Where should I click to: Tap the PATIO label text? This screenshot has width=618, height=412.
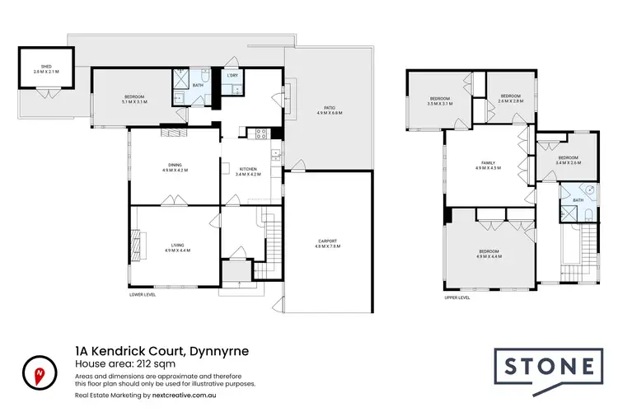[329, 109]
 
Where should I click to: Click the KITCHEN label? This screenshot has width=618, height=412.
[248, 171]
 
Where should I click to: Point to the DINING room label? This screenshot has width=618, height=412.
[175, 167]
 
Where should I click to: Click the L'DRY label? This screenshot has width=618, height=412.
[233, 76]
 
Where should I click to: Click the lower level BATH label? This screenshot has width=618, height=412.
[198, 85]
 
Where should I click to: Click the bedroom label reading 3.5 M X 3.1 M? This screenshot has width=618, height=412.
[441, 101]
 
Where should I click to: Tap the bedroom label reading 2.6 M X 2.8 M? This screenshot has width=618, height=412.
[510, 98]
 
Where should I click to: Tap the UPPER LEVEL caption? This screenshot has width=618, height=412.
[456, 298]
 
